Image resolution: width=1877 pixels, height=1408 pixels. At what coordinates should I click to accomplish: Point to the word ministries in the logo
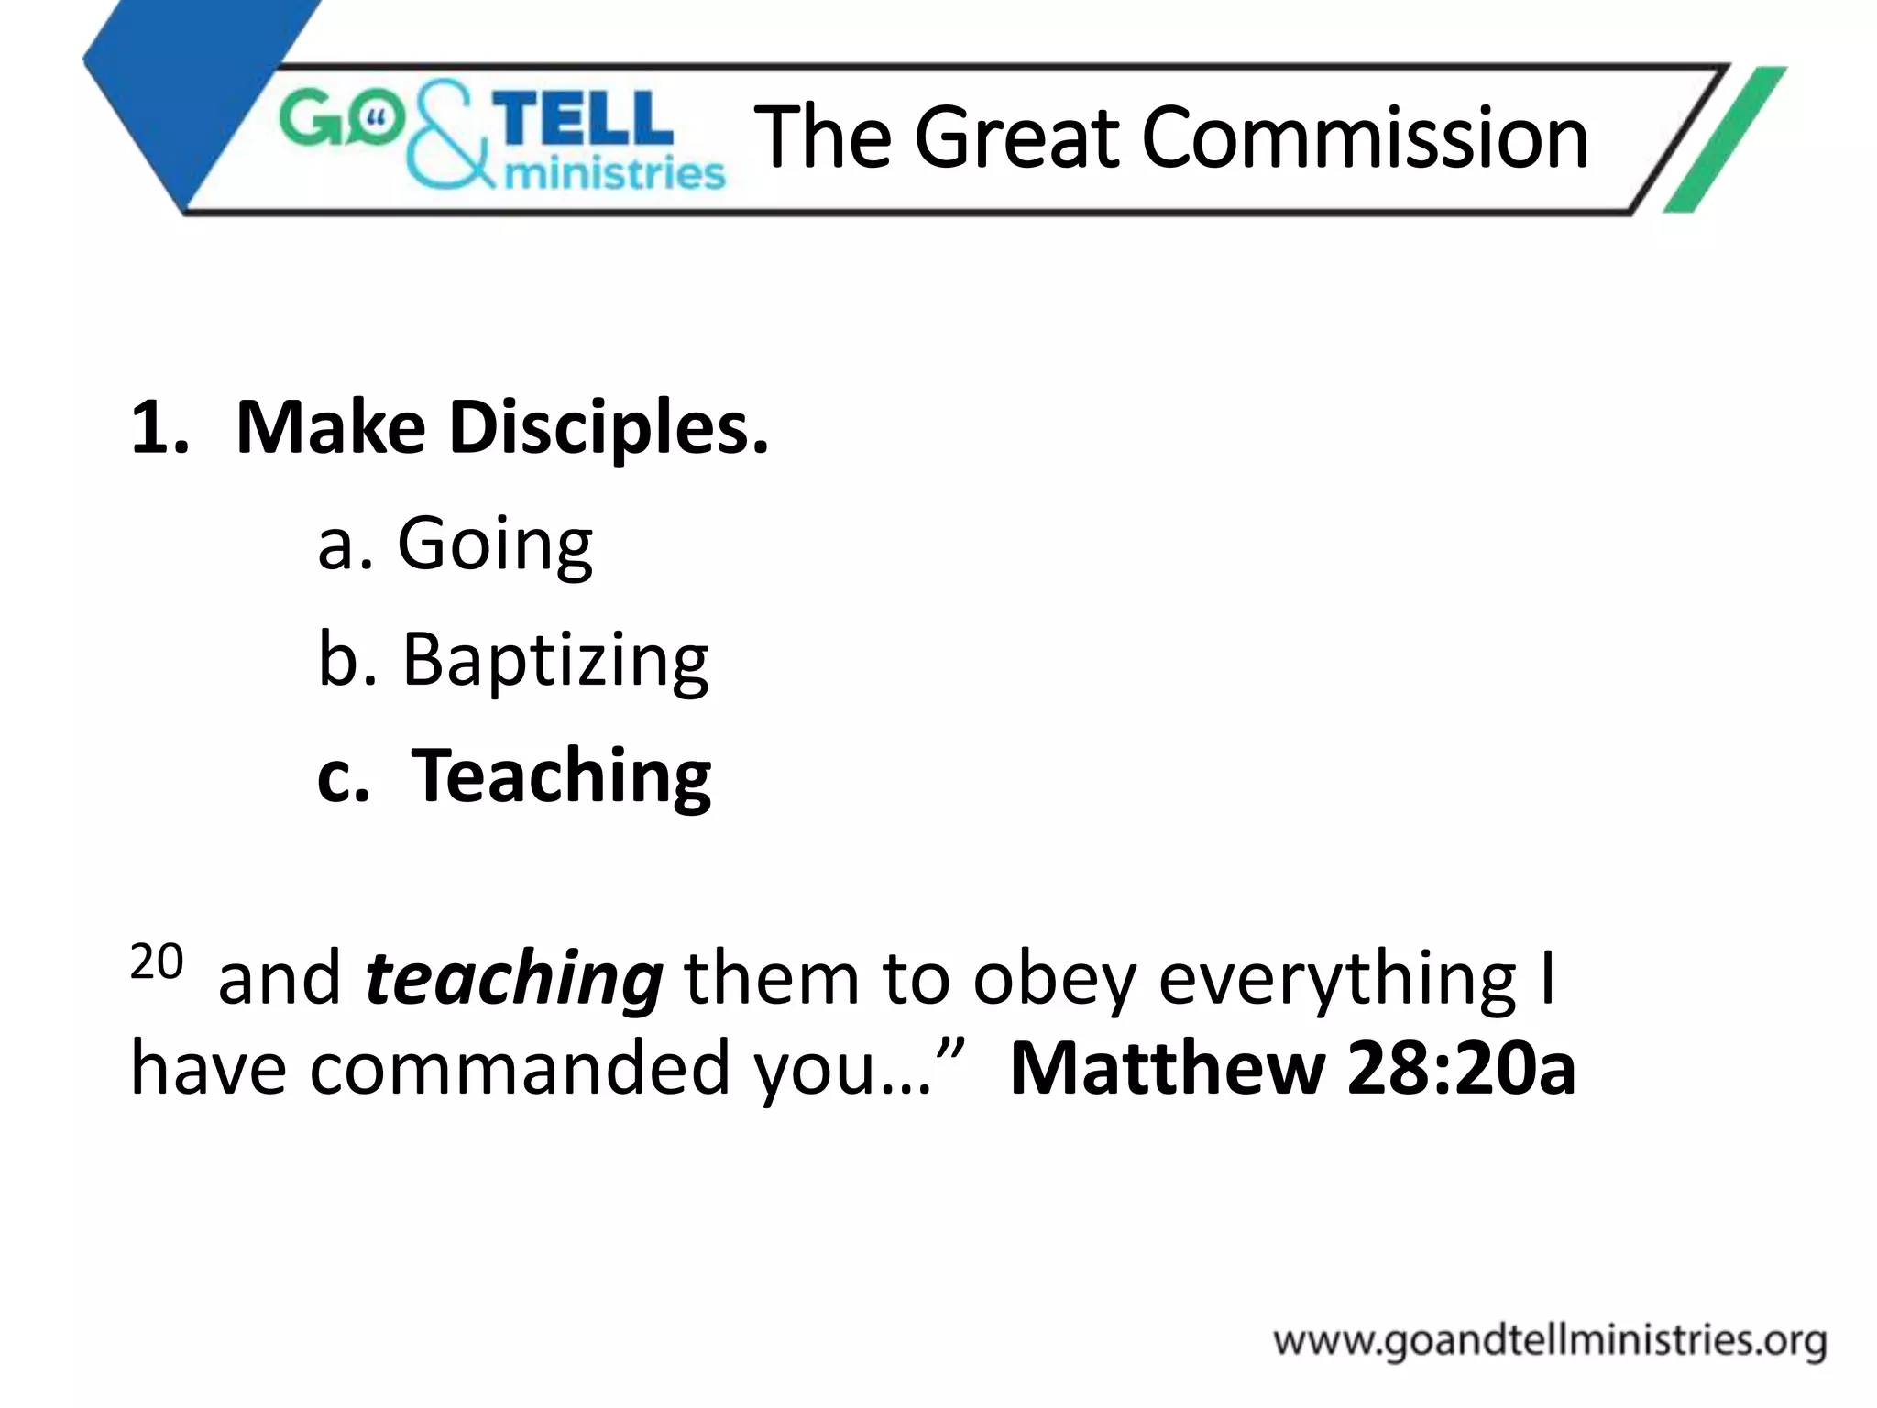pos(614,171)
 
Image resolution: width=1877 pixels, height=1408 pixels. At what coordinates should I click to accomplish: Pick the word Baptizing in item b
pos(555,661)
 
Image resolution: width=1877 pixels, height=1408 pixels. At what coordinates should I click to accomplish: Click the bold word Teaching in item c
pos(561,777)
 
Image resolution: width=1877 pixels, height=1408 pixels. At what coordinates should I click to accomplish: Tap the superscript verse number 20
pos(157,962)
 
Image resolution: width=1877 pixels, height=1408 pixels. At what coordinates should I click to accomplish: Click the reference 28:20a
pos(1461,1069)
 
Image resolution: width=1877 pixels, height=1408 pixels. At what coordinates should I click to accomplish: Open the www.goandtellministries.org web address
pos(1549,1342)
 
